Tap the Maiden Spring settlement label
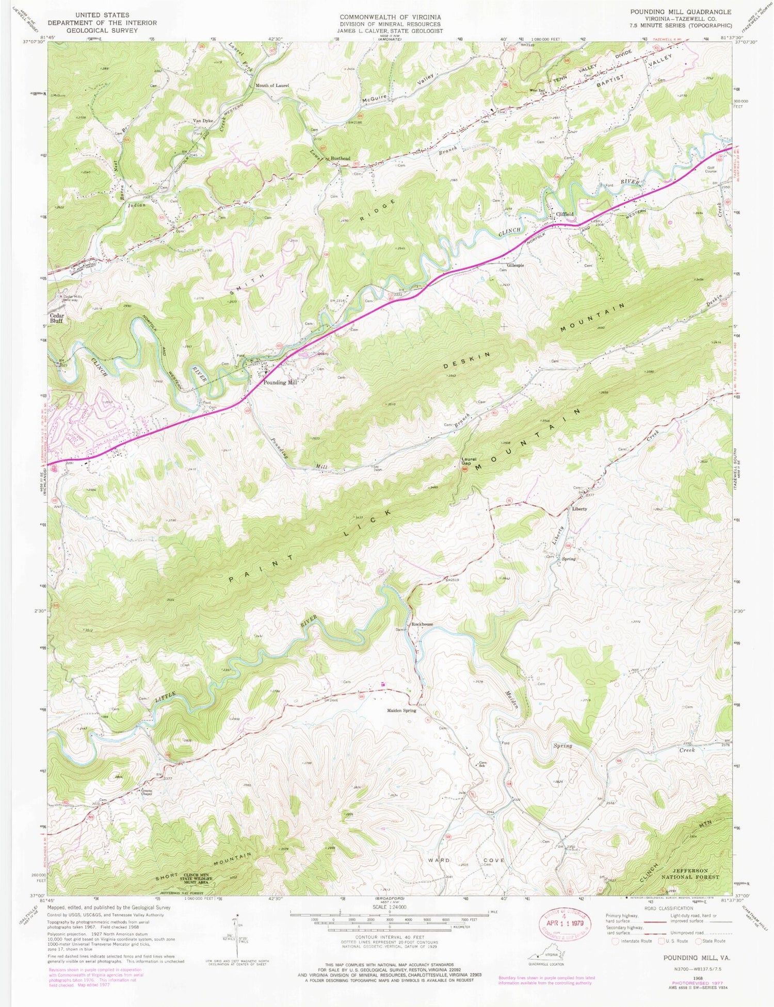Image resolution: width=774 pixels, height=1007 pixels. (x=401, y=710)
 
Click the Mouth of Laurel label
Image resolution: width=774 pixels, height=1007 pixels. (x=272, y=85)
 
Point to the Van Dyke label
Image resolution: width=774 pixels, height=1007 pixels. (x=203, y=121)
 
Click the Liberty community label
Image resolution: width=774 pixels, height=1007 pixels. (x=579, y=509)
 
